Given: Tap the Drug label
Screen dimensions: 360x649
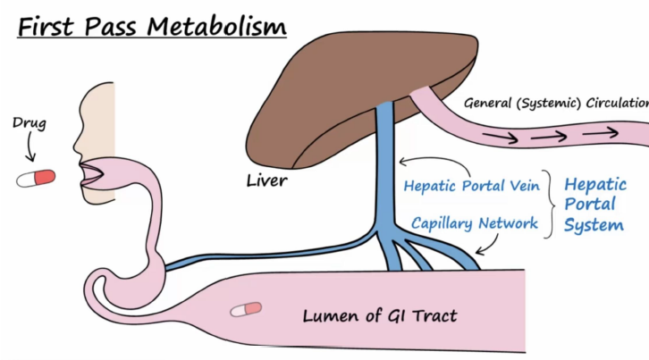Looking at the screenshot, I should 29,121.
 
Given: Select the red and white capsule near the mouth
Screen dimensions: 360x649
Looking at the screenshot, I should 36,178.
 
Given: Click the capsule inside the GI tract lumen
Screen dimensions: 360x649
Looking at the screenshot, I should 246,309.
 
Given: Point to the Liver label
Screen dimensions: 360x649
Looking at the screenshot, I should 266,181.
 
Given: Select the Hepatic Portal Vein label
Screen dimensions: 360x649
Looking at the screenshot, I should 471,187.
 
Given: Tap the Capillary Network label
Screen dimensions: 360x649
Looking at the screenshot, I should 475,222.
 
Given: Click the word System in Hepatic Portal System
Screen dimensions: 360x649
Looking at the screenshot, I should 594,224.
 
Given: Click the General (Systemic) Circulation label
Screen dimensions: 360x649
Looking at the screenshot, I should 555,103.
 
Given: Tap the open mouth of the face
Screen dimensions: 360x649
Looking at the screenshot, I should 91,172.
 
